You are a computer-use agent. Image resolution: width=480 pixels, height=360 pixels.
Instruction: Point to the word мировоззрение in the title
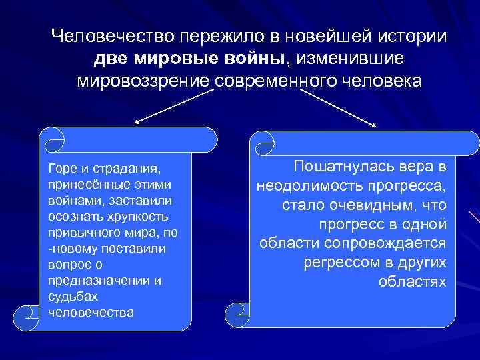point(145,80)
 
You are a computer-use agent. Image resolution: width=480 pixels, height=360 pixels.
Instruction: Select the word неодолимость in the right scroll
point(307,183)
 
